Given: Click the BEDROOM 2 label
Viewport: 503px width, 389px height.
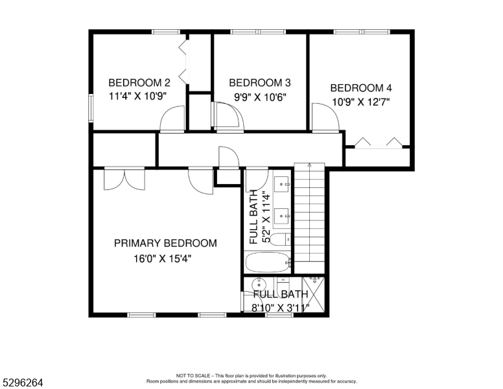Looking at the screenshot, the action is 139,83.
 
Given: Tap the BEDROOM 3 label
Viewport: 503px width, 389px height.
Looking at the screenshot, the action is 260,83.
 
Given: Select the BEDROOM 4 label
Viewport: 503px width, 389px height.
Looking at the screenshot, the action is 361,88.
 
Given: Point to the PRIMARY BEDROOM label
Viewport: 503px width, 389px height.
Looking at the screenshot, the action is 165,243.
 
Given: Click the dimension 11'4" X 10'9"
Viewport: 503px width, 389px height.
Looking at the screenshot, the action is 137,97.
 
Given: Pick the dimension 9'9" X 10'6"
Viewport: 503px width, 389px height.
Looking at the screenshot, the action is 260,97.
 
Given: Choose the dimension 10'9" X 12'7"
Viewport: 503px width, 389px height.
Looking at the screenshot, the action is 361,102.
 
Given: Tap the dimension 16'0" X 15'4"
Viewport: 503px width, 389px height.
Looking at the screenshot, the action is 162,259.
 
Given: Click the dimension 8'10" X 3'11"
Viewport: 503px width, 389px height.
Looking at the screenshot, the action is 281,308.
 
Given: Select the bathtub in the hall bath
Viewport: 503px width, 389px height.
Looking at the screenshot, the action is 268,263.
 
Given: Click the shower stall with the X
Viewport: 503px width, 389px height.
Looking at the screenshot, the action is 314,294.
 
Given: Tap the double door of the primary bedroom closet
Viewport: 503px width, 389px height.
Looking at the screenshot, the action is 124,178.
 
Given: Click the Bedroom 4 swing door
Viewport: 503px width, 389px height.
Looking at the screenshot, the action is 325,117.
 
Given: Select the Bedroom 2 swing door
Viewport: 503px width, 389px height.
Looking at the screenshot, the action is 172,119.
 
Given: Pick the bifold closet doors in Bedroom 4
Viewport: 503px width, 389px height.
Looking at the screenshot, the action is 379,143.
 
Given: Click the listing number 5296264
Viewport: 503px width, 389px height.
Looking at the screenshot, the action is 23,383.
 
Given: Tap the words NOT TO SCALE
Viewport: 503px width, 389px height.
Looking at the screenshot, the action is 193,375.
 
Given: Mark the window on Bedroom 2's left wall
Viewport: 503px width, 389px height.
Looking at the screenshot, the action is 91,108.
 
